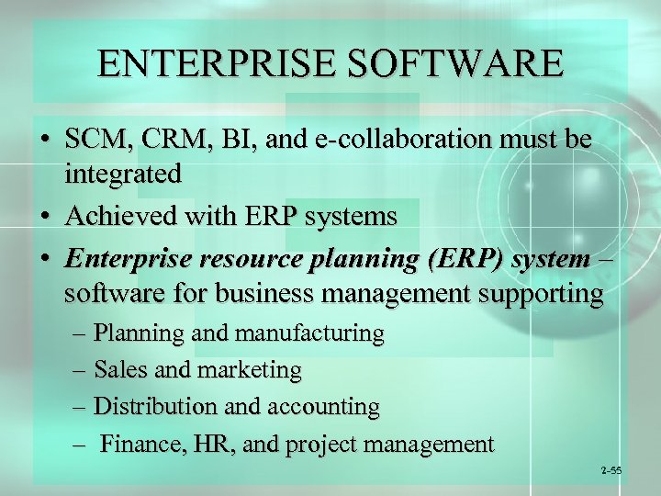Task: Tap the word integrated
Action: click(123, 173)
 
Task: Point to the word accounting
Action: click(322, 407)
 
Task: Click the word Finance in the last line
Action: click(138, 445)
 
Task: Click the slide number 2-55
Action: click(611, 470)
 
